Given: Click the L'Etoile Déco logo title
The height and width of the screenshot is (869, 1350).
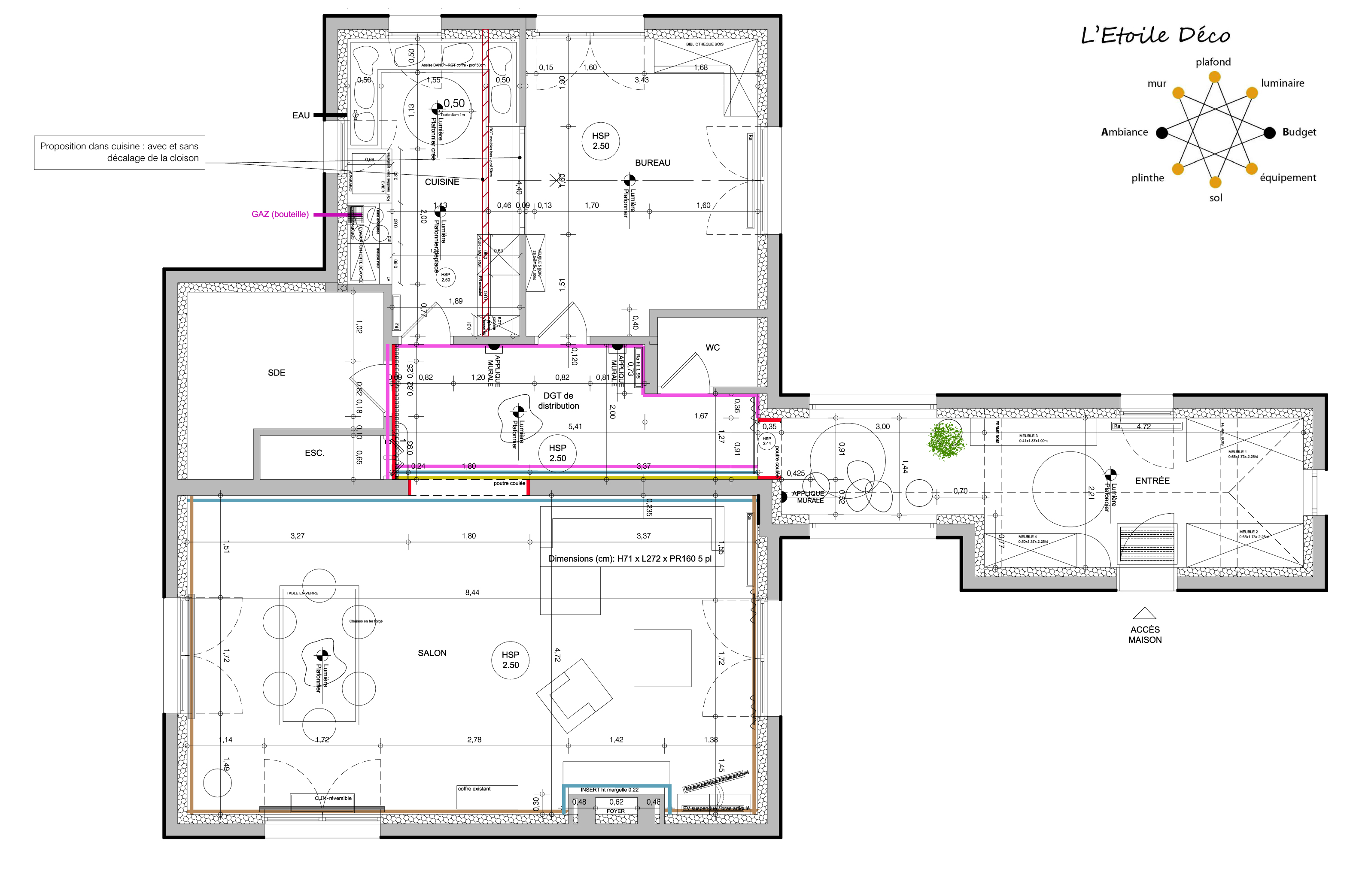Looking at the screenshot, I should (1155, 35).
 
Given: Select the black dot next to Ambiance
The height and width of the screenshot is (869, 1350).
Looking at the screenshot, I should (1161, 133).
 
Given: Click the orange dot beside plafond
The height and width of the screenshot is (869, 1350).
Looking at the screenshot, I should (1214, 77).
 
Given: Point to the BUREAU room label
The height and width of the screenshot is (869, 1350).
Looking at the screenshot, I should (653, 163).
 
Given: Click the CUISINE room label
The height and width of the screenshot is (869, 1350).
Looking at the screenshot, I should (442, 182).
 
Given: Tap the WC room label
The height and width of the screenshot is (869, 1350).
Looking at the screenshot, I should (712, 348).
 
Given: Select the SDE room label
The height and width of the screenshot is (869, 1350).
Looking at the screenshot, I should (277, 372).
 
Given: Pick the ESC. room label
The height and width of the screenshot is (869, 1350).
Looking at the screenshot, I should (314, 453).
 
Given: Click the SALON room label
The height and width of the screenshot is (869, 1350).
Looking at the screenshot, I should (432, 653).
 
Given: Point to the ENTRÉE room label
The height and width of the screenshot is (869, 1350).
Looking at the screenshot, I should (1152, 481).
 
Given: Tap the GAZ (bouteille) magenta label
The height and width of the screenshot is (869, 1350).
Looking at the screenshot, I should (280, 215).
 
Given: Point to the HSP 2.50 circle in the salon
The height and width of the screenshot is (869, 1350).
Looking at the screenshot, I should (511, 660).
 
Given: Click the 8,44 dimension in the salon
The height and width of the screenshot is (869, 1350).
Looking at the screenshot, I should (472, 593).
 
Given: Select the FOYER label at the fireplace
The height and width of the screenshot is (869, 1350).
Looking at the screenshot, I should (615, 811).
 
